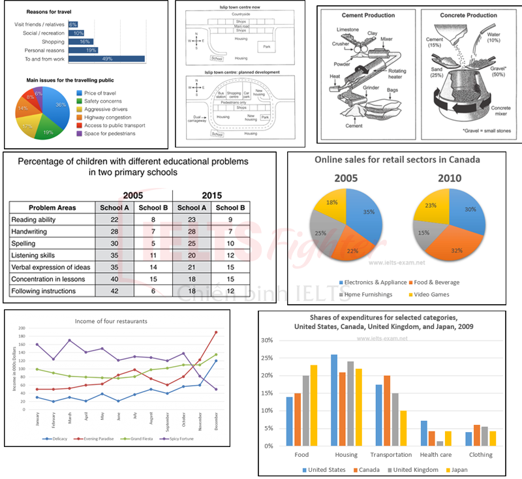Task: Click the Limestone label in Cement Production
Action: (348, 30)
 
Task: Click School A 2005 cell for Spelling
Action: (114, 243)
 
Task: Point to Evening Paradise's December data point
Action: (215, 332)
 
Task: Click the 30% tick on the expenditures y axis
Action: (268, 340)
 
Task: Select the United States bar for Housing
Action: (334, 400)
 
